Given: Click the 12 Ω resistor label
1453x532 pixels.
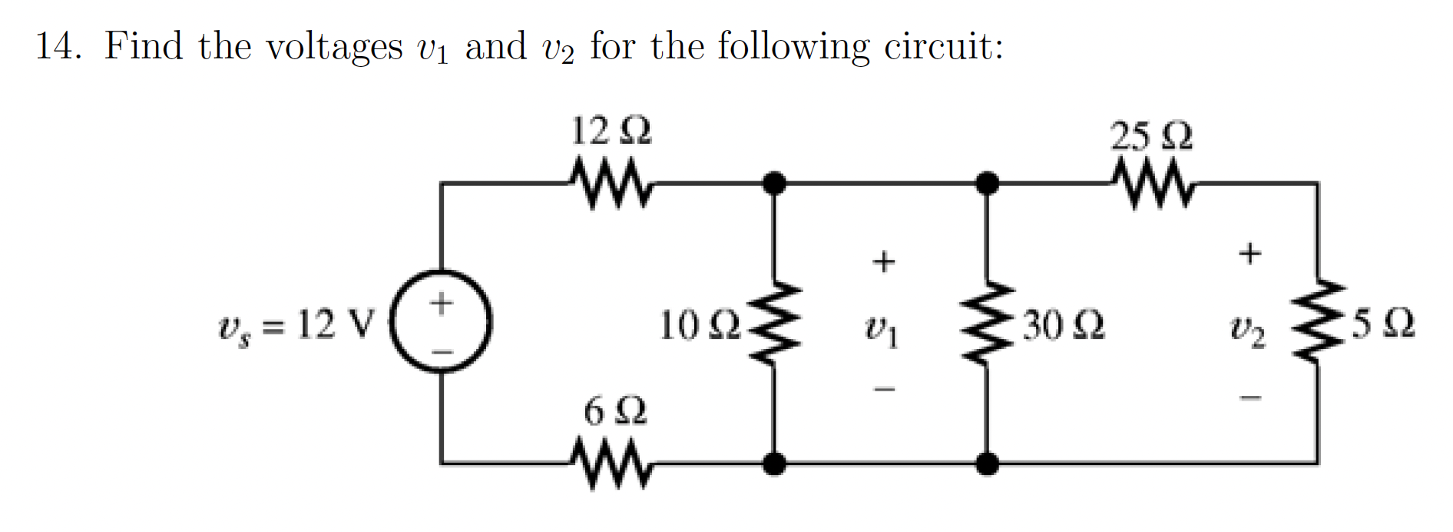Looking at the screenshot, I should pyautogui.click(x=611, y=131).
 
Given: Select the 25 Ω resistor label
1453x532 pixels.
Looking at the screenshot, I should pyautogui.click(x=1150, y=137).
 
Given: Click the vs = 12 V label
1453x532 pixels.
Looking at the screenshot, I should pyautogui.click(x=296, y=327).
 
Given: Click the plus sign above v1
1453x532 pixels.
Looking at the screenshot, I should pyautogui.click(x=885, y=262).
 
